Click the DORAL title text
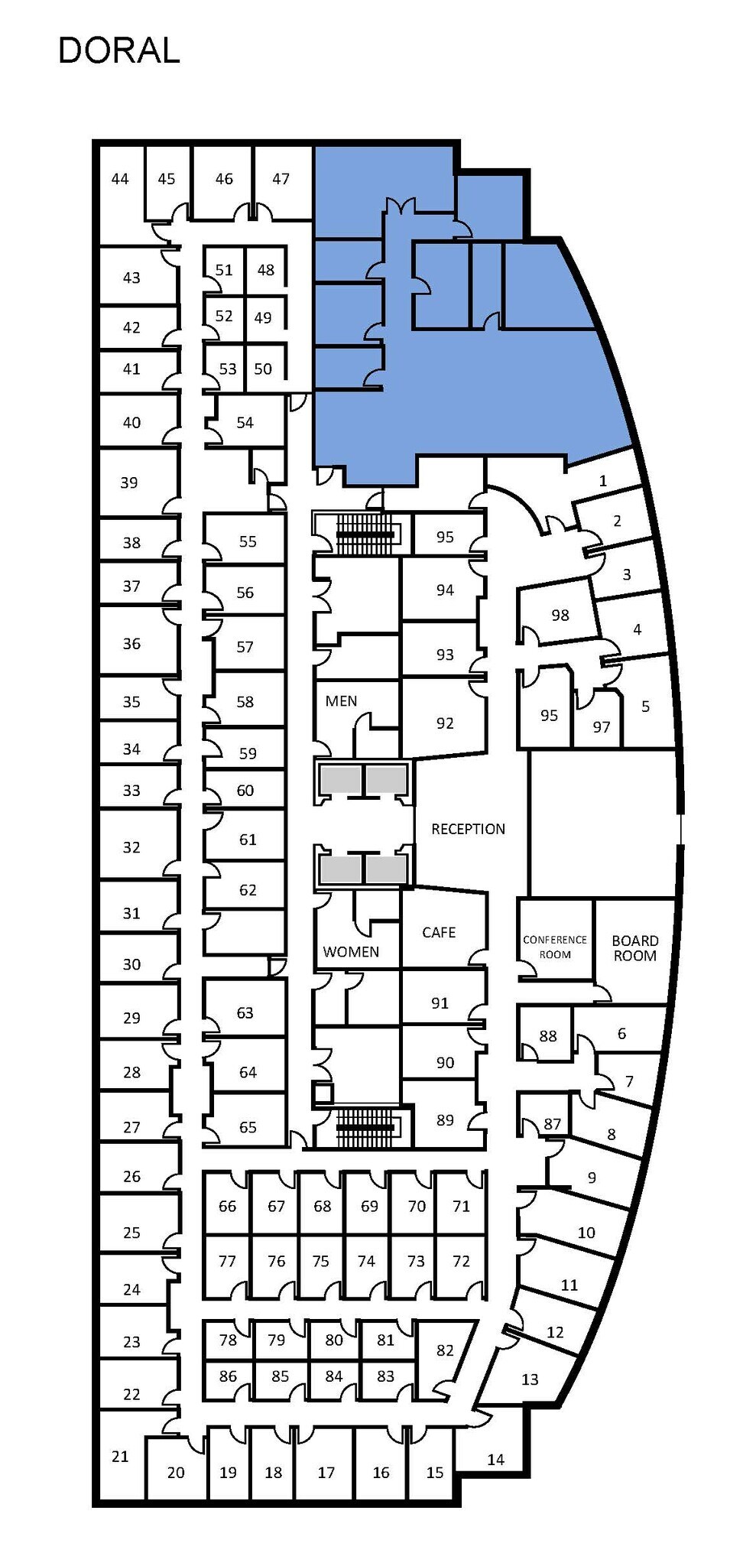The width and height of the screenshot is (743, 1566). click(119, 50)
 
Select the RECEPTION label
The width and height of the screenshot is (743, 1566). click(468, 829)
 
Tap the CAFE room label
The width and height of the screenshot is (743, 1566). click(439, 932)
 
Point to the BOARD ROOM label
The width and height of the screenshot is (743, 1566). click(634, 948)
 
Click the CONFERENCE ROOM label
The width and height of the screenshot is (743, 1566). click(555, 947)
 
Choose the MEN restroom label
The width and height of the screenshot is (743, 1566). click(341, 701)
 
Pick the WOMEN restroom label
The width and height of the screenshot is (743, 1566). click(351, 952)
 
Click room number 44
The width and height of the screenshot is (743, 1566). click(120, 179)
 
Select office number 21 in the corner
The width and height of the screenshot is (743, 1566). click(120, 1457)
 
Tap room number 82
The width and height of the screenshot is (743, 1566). click(445, 1351)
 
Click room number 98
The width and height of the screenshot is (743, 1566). click(560, 616)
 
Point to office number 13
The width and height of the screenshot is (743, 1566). click(530, 1379)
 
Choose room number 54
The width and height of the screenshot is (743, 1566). click(245, 423)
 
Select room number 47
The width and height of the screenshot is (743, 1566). click(281, 179)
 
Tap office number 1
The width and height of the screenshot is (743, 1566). click(603, 481)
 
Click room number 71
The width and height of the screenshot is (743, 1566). click(461, 1207)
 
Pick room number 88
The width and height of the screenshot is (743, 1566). click(548, 1037)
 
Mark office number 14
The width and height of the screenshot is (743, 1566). click(496, 1460)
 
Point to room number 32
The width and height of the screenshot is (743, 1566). click(131, 847)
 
